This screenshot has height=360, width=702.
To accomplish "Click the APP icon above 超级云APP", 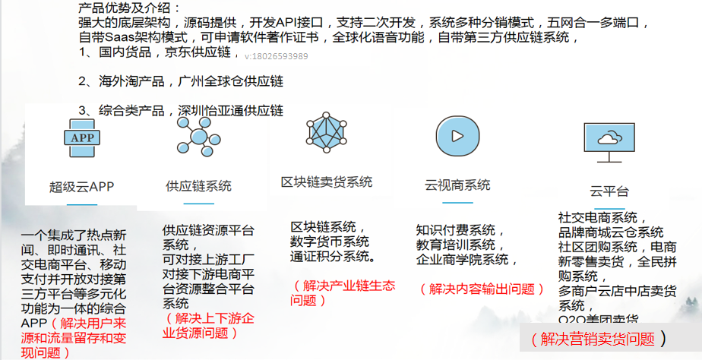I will (x=81, y=138).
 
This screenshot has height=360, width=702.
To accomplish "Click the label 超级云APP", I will (x=81, y=187).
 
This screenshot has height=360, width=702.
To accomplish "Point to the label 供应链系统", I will (x=198, y=186).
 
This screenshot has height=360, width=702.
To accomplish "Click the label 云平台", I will (x=609, y=191).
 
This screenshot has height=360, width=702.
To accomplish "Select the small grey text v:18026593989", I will (x=277, y=56).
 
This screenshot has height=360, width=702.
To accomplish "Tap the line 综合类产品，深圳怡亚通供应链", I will (x=180, y=111).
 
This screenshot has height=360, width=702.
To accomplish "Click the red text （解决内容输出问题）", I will (x=482, y=289).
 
